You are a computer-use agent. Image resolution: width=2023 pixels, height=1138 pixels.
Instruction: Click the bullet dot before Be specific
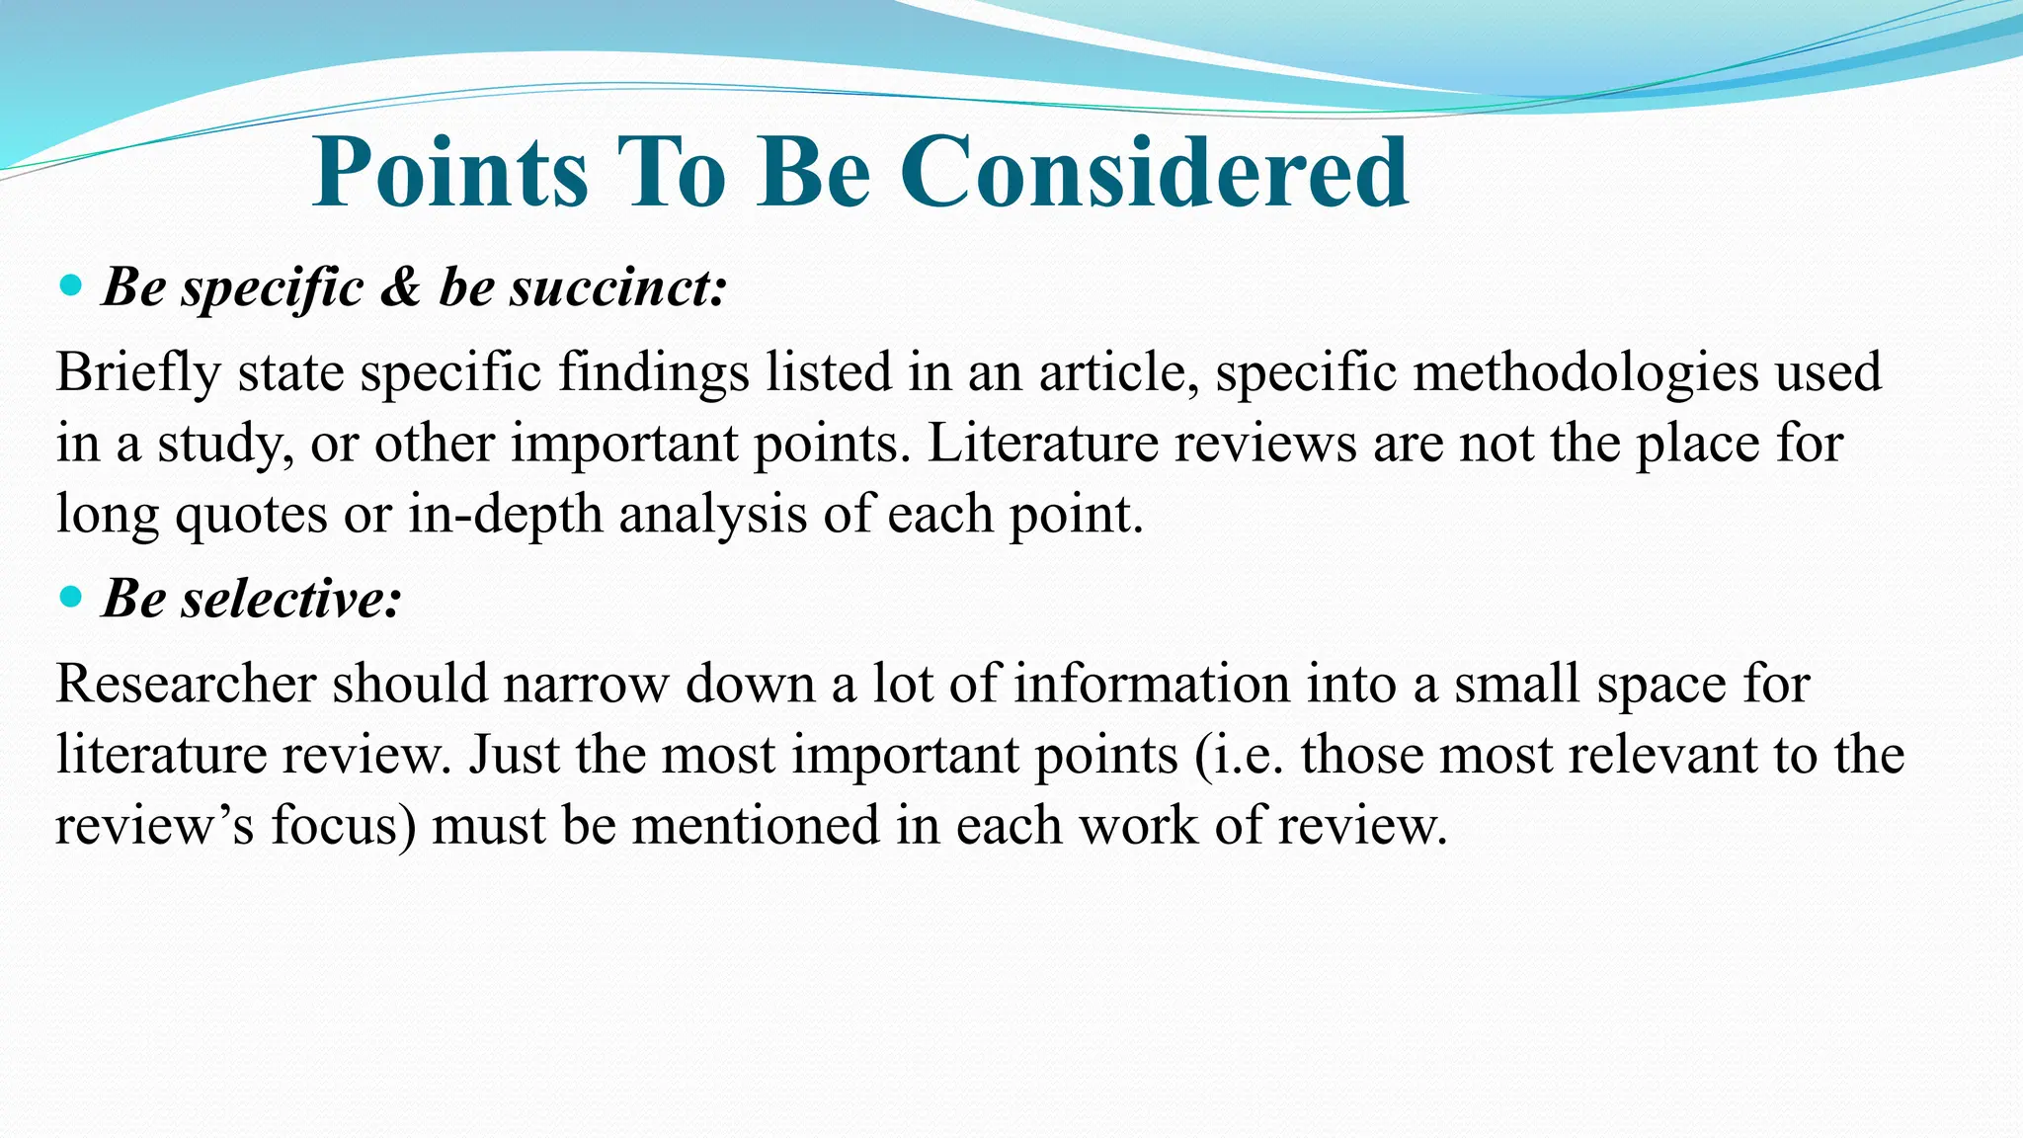click(70, 286)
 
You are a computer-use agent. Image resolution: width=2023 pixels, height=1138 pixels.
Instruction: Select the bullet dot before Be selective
click(70, 597)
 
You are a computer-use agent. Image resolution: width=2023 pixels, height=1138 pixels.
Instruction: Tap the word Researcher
click(186, 684)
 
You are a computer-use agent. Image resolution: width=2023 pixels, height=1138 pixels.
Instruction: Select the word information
click(1152, 684)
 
